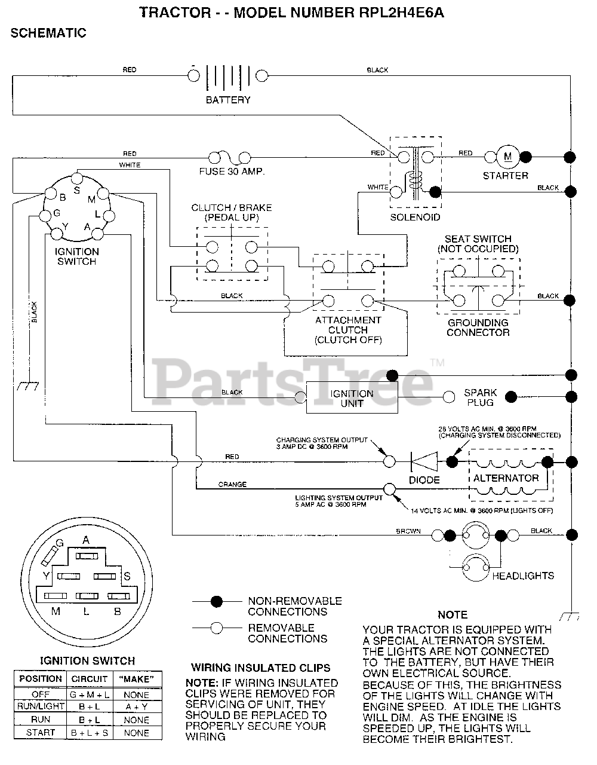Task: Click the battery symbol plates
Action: click(228, 76)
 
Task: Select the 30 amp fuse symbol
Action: click(230, 158)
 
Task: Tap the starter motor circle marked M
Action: click(507, 157)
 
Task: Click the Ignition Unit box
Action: click(352, 398)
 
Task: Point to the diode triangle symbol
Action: click(424, 461)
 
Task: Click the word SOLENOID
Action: click(415, 217)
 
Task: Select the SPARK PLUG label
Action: click(480, 397)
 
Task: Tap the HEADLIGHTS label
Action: click(523, 576)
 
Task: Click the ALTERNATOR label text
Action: click(506, 478)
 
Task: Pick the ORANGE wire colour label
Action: click(232, 485)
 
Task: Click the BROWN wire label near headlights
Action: click(408, 531)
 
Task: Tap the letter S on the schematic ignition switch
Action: click(76, 191)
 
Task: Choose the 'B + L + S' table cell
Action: click(90, 733)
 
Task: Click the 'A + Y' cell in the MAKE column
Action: click(137, 706)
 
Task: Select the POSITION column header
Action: click(41, 679)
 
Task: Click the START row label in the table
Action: click(41, 733)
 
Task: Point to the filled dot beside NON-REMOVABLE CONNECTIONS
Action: click(217, 602)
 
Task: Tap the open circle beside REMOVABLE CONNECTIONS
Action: click(217, 628)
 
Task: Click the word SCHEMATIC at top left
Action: click(48, 33)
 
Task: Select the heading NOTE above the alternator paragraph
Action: click(453, 615)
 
